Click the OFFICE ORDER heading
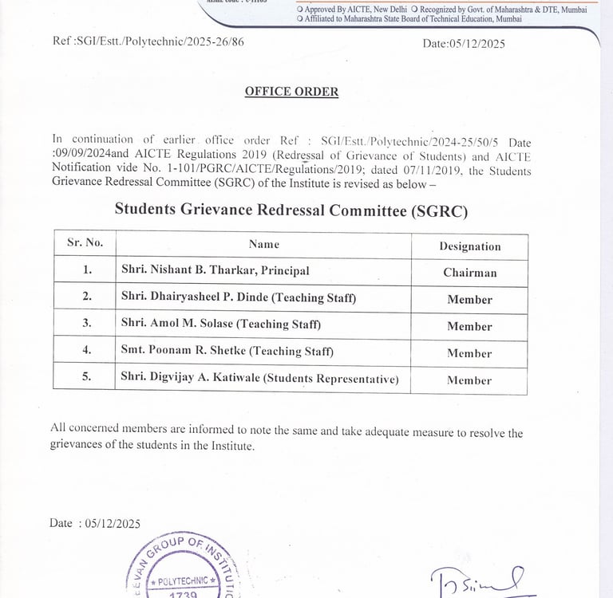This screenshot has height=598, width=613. point(291,92)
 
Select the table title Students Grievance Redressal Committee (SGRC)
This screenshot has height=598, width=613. point(291,210)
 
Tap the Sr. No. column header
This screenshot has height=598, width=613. point(85,243)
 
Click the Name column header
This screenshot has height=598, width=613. point(263,244)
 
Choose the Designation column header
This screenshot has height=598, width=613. point(469,246)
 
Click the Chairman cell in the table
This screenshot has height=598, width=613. point(469,273)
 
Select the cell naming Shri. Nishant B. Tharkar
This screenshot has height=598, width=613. point(216,271)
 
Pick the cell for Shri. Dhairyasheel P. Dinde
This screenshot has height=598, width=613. point(239,298)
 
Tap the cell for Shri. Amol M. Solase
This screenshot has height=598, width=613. point(221,325)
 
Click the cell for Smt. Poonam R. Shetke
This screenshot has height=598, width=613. point(227,351)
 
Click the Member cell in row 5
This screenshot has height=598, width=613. point(469,380)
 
